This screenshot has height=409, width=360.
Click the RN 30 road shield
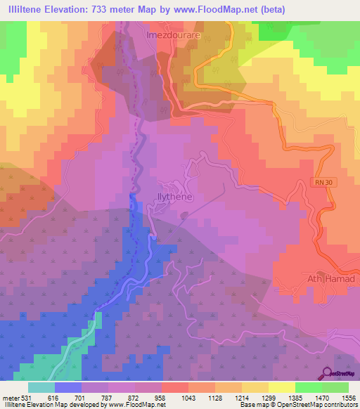(320, 182)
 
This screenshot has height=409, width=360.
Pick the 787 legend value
(108, 397)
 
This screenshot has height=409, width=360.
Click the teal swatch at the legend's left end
(41, 387)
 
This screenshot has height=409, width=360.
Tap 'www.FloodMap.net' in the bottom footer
(136, 405)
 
